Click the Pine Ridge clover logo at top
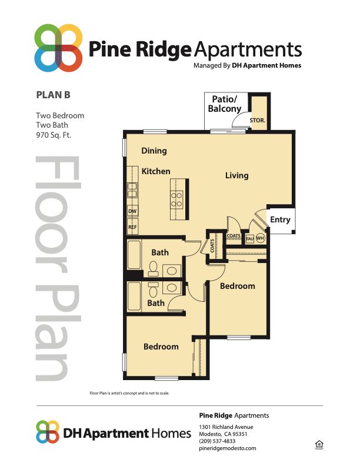[58, 48]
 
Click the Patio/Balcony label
[224, 104]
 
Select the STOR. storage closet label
[258, 120]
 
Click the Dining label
[154, 151]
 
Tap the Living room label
[236, 175]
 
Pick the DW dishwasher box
[132, 211]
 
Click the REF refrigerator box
[132, 227]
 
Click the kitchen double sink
[132, 190]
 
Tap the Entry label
[280, 219]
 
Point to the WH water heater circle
[259, 238]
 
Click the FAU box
[249, 238]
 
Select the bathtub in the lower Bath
[135, 297]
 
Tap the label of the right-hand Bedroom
[237, 286]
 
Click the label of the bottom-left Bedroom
[161, 347]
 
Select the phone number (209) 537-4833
[217, 441]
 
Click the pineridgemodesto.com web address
[228, 448]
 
